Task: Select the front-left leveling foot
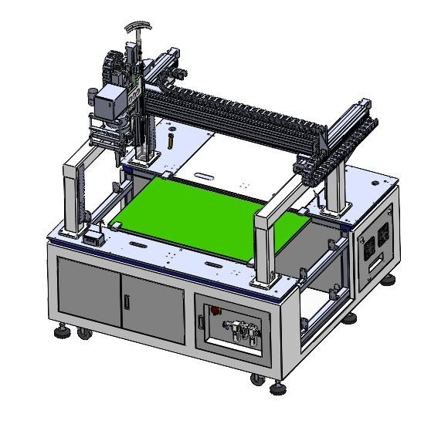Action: (x=60, y=331)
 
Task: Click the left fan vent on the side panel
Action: (x=368, y=245)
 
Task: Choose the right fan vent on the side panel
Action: (x=384, y=236)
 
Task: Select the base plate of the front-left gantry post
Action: (x=75, y=232)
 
